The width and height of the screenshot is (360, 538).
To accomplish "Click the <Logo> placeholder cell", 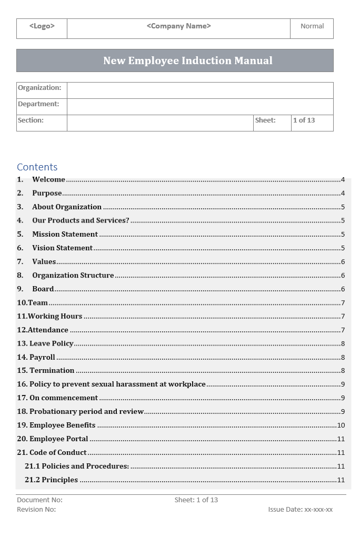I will (42, 26).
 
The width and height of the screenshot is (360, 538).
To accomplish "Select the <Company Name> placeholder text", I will (178, 26).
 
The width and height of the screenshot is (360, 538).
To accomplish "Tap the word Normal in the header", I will (312, 26).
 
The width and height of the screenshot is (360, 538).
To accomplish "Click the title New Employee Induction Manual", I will (188, 60).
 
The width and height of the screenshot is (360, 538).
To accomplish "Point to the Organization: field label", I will (39, 88).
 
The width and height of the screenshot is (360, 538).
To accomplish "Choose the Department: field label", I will (38, 104).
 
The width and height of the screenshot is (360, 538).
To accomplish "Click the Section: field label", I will (31, 120).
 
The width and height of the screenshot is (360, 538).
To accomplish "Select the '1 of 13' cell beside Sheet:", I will (304, 120).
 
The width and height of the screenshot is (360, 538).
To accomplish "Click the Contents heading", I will (37, 167).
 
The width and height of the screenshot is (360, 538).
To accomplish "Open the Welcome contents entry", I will (48, 179).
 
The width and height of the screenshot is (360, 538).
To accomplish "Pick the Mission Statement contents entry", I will (65, 234).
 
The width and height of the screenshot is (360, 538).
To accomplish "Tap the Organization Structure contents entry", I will (73, 275).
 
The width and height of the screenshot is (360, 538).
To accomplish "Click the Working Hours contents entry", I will (55, 316).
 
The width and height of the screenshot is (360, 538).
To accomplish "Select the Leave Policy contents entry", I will (51, 343).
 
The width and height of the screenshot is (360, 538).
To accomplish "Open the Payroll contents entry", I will (42, 357).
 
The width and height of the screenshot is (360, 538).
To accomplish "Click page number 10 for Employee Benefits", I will (341, 425).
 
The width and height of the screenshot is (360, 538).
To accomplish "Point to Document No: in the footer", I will (39, 500).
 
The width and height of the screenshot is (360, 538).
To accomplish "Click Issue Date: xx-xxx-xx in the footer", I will (300, 509).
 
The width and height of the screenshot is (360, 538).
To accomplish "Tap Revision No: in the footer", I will (36, 509).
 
